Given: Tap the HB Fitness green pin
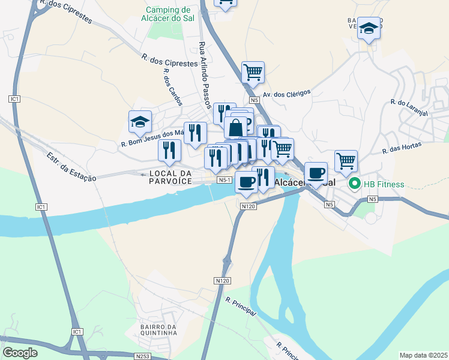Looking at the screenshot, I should click(354, 184).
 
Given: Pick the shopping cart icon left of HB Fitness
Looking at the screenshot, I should click(346, 161).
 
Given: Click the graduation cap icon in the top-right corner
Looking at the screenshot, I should click(369, 28).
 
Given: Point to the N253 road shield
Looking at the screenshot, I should click(143, 356).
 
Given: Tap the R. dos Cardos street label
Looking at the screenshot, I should click(172, 88).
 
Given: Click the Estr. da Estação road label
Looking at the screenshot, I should click(71, 167).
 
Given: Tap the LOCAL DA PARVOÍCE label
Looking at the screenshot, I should click(170, 177).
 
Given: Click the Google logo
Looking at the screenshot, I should click(20, 353).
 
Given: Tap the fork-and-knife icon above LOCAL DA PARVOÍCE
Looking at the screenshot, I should click(169, 150).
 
